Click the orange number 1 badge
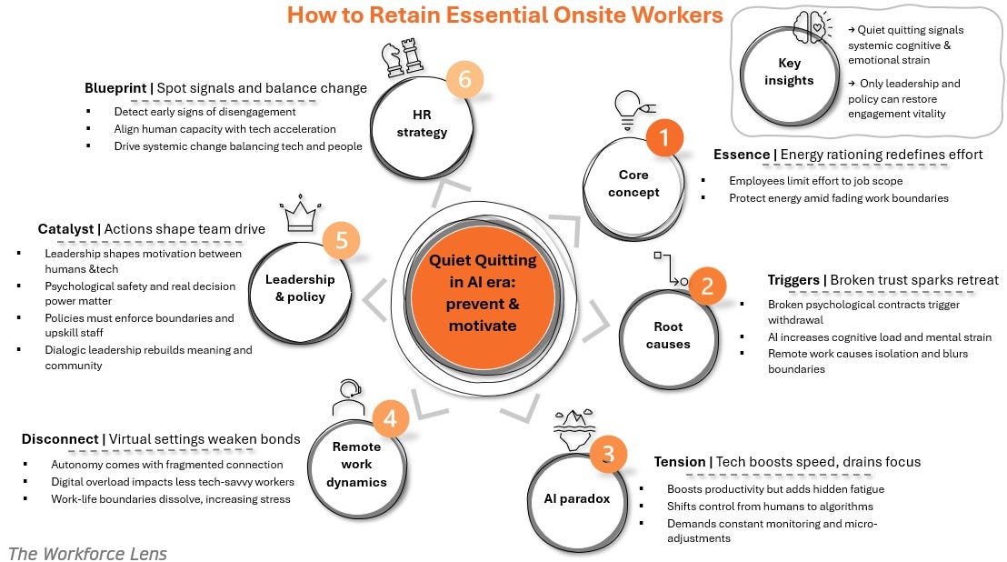(663, 138)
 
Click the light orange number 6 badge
(464, 80)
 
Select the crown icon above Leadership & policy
(299, 216)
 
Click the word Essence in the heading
(742, 155)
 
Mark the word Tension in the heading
(679, 462)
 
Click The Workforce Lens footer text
(87, 552)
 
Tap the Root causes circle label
(668, 335)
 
